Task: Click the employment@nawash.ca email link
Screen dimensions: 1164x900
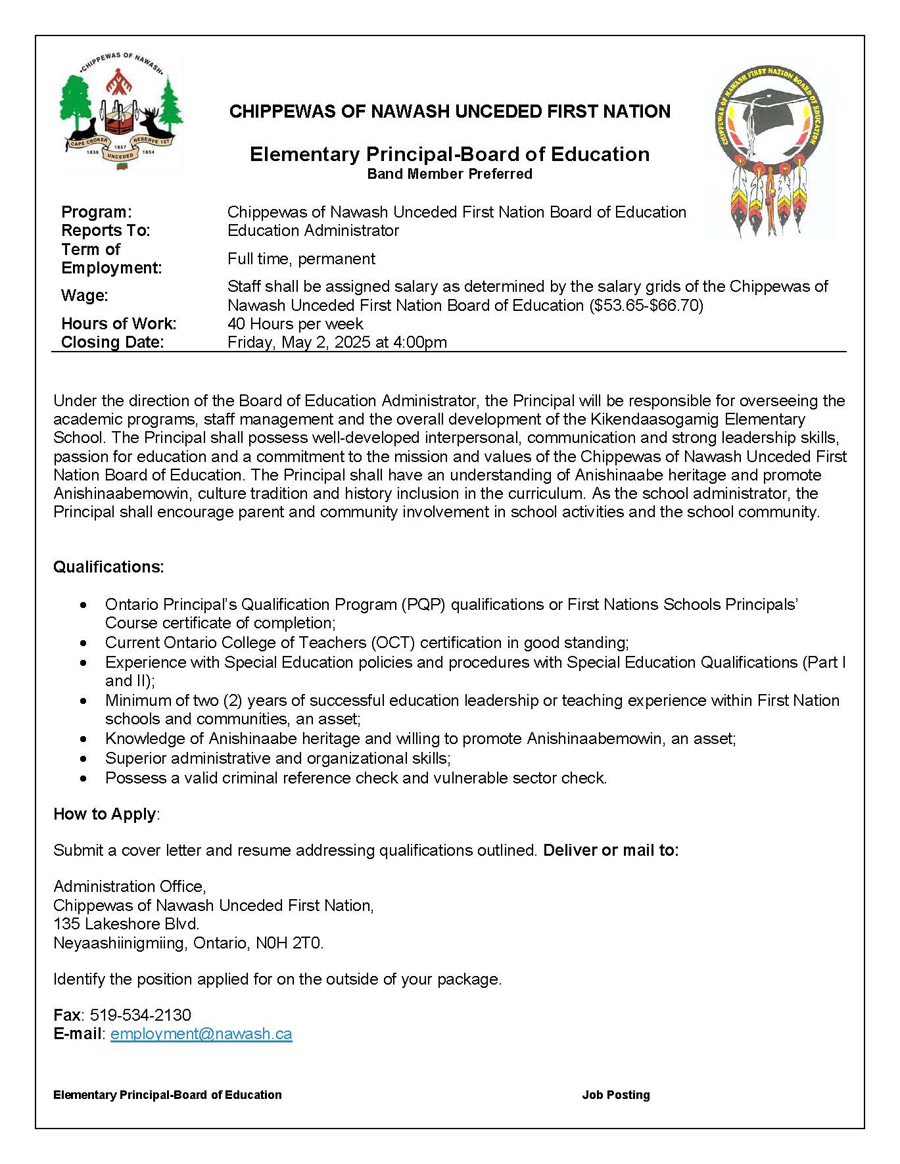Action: (201, 1033)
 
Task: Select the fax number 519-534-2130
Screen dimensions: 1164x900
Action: (141, 1015)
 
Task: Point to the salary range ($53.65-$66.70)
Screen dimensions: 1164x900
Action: (644, 305)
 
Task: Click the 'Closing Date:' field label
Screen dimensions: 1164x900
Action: (112, 342)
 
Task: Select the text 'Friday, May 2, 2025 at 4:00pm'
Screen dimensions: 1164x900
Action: (337, 342)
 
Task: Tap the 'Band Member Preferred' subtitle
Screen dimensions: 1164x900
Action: (450, 174)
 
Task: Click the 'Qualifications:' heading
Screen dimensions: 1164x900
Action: (108, 567)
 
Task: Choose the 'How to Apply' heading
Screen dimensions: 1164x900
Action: (105, 814)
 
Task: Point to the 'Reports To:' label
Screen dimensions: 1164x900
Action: (106, 230)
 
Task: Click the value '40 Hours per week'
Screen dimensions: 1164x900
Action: (295, 323)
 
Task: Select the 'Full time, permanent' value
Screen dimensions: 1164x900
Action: (301, 258)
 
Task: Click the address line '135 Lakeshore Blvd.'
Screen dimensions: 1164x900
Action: (126, 923)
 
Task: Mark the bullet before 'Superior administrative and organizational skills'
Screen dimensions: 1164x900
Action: (83, 758)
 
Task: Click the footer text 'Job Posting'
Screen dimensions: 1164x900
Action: (615, 1094)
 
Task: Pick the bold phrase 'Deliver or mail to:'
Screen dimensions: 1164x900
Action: (611, 850)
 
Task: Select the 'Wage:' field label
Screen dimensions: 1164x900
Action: (85, 295)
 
